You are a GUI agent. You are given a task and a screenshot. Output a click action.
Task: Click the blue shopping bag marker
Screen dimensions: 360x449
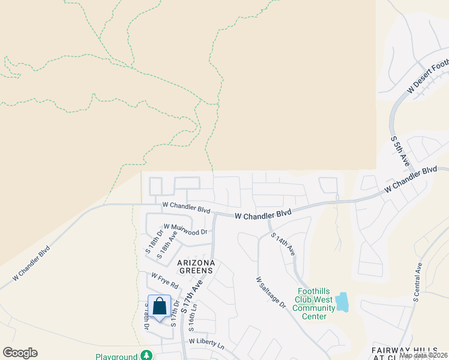pyautogui.click(x=159, y=307)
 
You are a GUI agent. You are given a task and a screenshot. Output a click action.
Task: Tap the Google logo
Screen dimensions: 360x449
pyautogui.click(x=20, y=353)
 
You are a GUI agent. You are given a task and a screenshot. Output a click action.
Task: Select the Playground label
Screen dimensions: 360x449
pyautogui.click(x=116, y=356)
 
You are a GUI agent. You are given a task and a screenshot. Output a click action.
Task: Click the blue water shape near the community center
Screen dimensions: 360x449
pyautogui.click(x=342, y=302)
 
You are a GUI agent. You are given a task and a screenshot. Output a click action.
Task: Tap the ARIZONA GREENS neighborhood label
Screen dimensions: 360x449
pyautogui.click(x=196, y=266)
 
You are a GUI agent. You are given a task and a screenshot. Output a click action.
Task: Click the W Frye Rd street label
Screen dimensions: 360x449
pyautogui.click(x=165, y=280)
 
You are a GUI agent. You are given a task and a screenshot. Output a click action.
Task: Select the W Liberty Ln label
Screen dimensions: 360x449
pyautogui.click(x=206, y=344)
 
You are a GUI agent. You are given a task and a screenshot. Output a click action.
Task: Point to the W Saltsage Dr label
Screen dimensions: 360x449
pyautogui.click(x=270, y=293)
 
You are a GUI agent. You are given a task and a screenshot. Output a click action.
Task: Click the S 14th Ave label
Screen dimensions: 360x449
pyautogui.click(x=282, y=244)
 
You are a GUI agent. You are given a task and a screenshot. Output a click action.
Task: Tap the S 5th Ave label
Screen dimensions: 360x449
pyautogui.click(x=400, y=151)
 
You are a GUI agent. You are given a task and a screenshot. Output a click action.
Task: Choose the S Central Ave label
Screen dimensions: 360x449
pyautogui.click(x=418, y=281)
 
